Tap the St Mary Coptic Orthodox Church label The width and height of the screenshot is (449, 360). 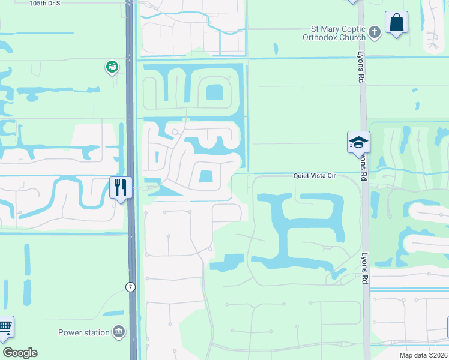point(337,32)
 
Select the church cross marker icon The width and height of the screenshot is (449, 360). point(375,32)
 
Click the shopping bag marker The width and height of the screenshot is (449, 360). point(396,23)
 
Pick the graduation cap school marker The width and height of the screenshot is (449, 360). point(358,142)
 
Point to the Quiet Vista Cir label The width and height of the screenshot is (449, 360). point(314,176)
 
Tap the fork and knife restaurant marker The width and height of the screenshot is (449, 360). point(121,187)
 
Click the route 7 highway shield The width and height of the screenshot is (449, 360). point(130,287)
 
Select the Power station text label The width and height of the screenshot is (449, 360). point(83,332)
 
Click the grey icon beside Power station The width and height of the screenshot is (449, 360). point(119,332)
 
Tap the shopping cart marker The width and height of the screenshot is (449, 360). point(5,327)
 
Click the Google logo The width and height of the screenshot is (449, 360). point(20,353)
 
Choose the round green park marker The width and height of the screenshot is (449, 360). point(112,67)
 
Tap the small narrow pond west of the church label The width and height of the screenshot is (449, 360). point(276,49)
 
